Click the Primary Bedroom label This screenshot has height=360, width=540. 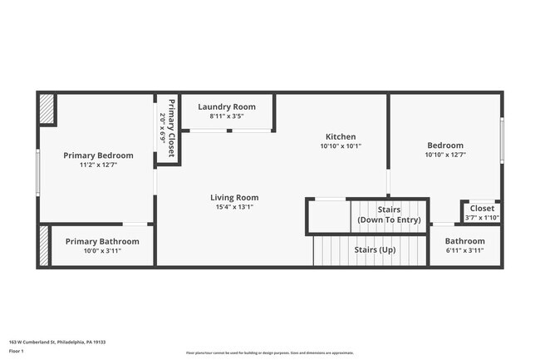tap(98, 155)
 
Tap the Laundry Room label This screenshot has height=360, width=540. tap(227, 107)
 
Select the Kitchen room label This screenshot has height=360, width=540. tap(341, 136)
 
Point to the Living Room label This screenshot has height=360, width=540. tap(234, 198)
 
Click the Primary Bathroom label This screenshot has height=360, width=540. tap(102, 241)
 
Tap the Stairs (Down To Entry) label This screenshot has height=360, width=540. tap(389, 215)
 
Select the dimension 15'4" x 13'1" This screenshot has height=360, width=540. tap(234, 207)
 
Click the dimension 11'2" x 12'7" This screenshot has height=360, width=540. tap(98, 165)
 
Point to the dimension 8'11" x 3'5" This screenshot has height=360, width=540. tap(227, 116)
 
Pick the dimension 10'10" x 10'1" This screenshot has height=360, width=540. tap(341, 145)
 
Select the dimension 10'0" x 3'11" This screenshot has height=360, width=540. tap(102, 250)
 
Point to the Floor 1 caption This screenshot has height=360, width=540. tap(17, 352)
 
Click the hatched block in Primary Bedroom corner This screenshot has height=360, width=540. tap(47, 109)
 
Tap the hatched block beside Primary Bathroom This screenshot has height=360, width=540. tap(44, 245)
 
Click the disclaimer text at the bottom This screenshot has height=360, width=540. tap(269, 353)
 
